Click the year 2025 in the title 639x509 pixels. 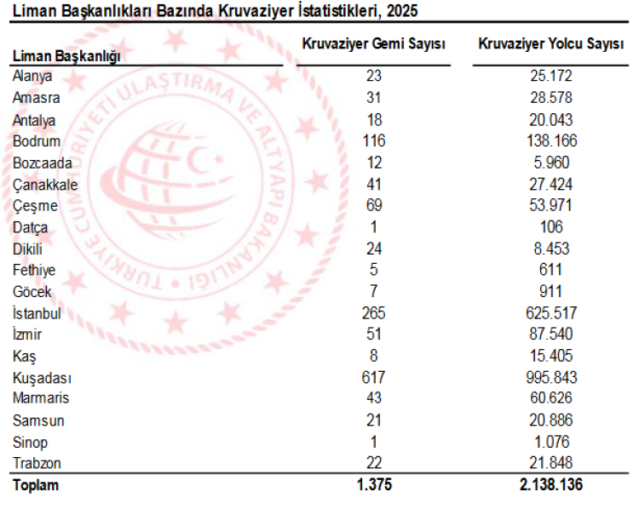click(401, 10)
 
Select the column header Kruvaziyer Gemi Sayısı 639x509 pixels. click(374, 43)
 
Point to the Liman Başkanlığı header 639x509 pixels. click(66, 55)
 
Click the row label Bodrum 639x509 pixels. click(35, 140)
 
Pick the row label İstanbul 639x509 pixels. click(37, 313)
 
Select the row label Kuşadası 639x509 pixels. click(42, 377)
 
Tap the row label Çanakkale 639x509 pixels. click(45, 184)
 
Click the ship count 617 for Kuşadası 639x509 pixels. click(374, 377)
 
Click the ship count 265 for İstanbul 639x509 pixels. click(374, 313)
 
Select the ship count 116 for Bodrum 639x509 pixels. click(374, 140)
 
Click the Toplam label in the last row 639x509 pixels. click(35, 486)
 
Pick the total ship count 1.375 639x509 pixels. click(374, 486)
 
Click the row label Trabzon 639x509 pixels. click(37, 464)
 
